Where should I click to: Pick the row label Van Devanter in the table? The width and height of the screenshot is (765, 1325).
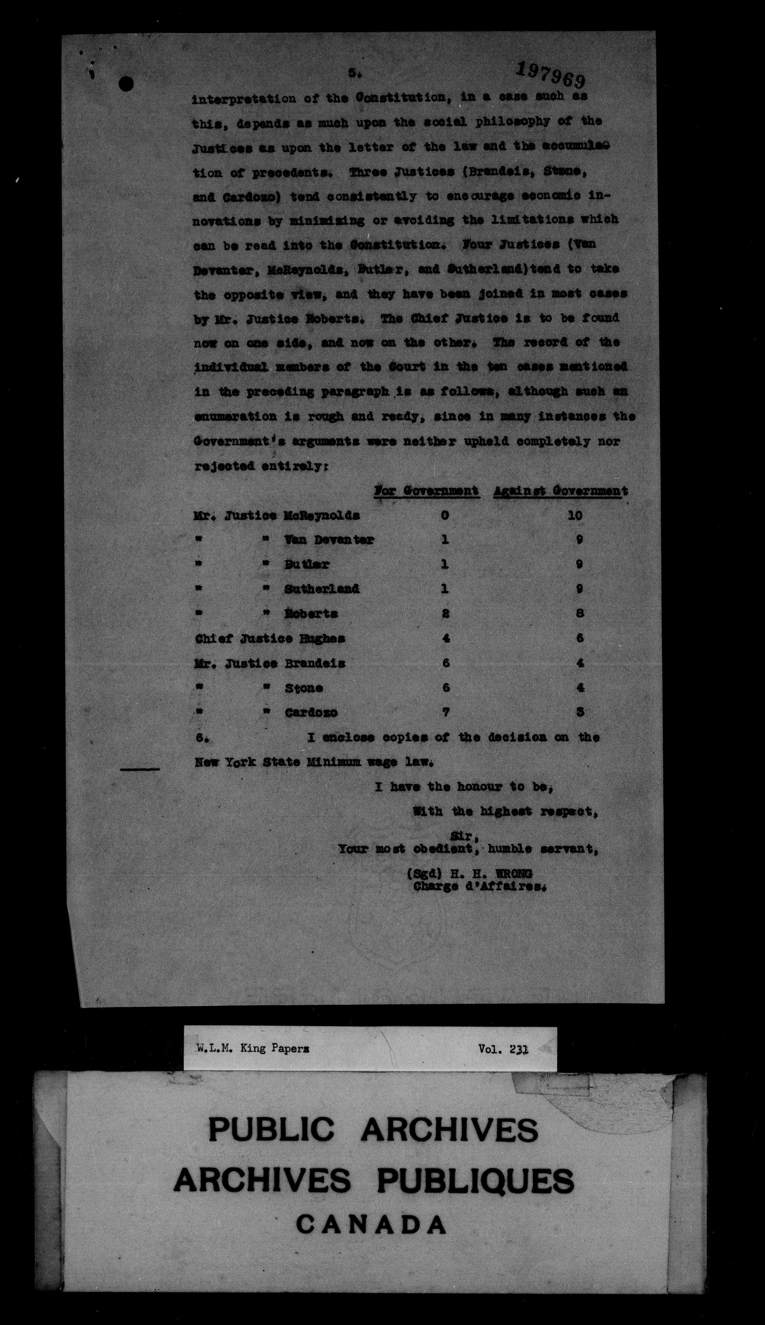[x=329, y=540]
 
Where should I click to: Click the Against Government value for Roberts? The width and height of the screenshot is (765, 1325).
[x=579, y=613]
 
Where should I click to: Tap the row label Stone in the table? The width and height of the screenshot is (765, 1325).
[x=304, y=688]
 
